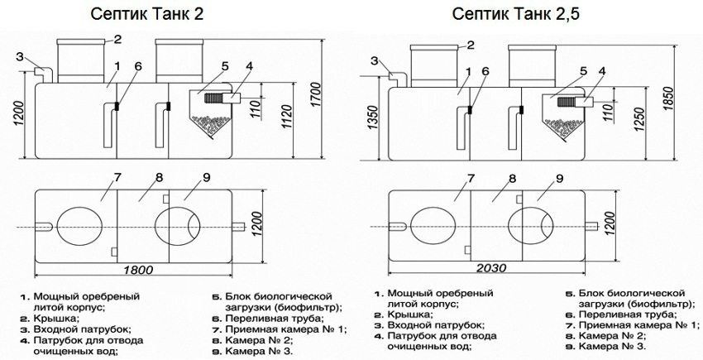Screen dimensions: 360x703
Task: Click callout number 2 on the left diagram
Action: [117, 38]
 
